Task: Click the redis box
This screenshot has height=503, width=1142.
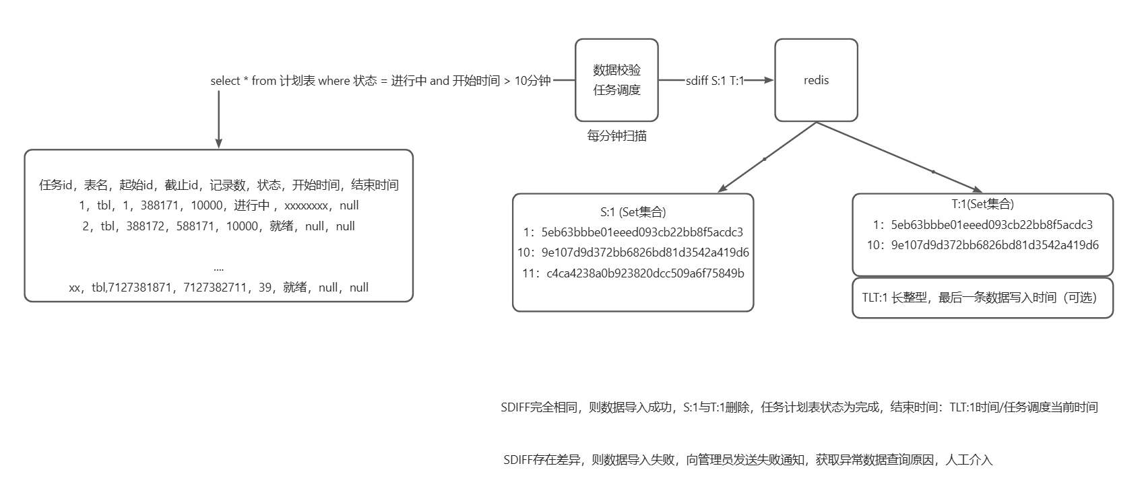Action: coord(816,80)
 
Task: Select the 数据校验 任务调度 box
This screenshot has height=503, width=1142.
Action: coord(616,80)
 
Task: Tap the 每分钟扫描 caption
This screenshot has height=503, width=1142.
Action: coord(616,136)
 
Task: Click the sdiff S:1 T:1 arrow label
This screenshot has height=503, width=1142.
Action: coord(715,81)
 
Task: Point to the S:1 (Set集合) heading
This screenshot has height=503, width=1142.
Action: coord(633,212)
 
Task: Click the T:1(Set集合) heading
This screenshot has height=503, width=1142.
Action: coord(982,204)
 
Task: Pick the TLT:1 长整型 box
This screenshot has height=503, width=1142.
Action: coord(982,298)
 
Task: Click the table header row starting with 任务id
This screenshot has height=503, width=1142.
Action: coord(219,185)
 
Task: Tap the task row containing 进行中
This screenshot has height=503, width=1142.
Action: coord(219,205)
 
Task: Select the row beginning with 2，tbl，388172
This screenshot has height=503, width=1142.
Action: coord(219,226)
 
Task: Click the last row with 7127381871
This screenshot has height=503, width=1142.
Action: coord(219,288)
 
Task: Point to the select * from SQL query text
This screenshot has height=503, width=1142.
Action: coord(381,81)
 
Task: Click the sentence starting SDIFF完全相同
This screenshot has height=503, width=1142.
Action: coord(799,407)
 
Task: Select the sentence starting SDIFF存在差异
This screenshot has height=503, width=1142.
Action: coord(748,461)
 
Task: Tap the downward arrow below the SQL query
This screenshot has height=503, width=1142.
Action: coord(218,118)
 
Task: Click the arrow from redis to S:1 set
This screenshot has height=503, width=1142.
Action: coord(765,159)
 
